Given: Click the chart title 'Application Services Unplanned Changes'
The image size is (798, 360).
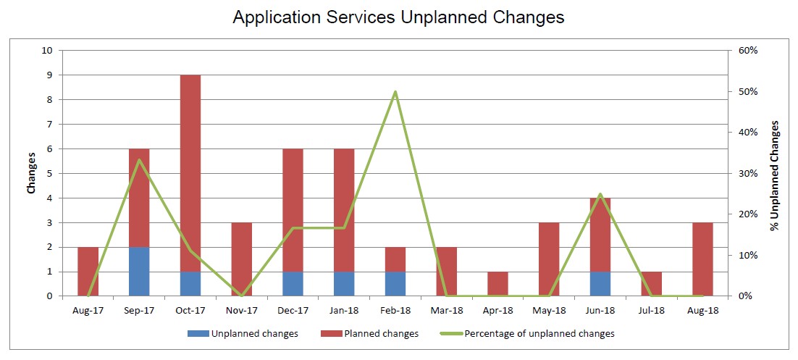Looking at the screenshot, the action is point(398,17).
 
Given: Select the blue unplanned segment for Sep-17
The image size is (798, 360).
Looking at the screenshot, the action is point(139,272).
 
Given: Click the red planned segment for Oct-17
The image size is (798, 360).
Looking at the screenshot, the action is point(190,173).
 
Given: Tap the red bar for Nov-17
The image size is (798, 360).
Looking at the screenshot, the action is point(242,259).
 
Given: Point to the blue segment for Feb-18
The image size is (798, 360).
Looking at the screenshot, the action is point(395,284).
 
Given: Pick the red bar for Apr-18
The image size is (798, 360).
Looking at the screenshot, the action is point(497,284).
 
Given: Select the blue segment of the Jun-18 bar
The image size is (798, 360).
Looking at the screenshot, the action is point(600,284).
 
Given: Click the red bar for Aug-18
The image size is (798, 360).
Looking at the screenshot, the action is point(703,259).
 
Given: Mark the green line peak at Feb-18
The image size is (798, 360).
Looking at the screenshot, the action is point(395,92).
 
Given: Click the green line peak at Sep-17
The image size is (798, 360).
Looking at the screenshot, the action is point(139,160).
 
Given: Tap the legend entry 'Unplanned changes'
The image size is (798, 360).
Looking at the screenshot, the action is point(243,334).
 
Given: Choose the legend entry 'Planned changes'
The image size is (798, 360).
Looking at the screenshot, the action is point(369,334).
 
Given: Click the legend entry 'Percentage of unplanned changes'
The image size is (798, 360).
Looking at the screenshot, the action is point(526,334).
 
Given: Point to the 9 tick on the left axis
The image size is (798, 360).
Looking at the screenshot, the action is point(50,75).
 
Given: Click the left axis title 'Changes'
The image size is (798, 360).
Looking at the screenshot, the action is point(32,173).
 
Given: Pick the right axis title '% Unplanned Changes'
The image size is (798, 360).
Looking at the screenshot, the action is point(775,176).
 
